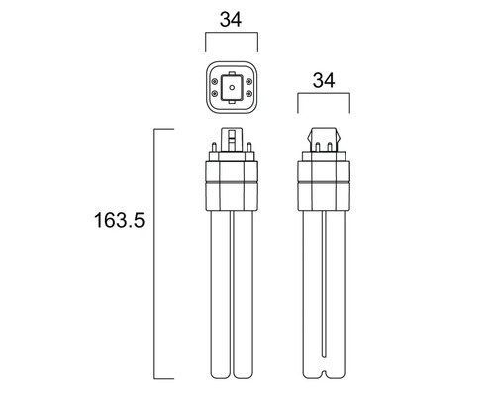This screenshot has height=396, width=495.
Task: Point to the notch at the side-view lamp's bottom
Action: click(x=325, y=374)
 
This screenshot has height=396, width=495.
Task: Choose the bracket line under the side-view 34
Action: click(x=325, y=96)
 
